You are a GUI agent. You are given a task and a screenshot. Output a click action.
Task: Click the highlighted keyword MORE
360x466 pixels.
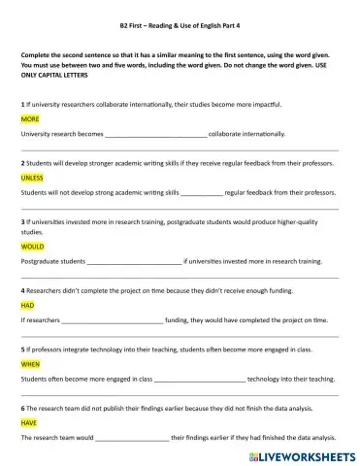point(29,118)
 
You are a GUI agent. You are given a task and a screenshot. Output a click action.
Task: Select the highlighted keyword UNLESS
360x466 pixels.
point(32,178)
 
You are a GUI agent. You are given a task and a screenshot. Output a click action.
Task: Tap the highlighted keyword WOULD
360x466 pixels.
point(32,247)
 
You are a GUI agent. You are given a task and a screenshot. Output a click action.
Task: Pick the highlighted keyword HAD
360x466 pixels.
point(27,305)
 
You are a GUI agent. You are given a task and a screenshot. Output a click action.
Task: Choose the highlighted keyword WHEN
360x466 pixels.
point(31,364)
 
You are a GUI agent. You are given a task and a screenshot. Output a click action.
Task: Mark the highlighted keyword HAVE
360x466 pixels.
point(29,423)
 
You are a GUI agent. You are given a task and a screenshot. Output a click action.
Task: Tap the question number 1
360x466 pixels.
point(21,103)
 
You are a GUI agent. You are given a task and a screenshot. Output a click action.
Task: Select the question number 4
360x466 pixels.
point(21,290)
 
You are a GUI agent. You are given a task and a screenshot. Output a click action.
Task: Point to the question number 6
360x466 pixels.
point(21,409)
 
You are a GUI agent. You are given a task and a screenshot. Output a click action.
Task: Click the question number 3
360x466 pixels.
point(21,221)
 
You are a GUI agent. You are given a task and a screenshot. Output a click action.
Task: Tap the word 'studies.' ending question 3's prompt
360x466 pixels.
point(32,232)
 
